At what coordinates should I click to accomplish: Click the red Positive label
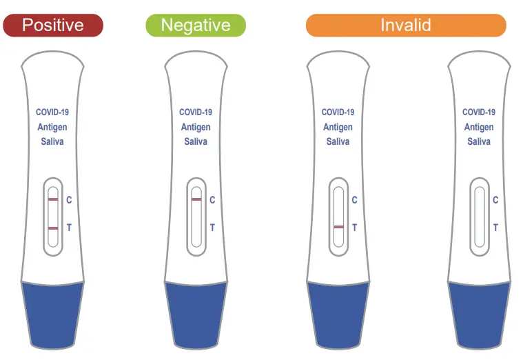click(x=53, y=26)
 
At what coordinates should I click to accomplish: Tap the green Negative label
click(x=196, y=26)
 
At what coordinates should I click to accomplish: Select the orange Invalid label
click(x=406, y=26)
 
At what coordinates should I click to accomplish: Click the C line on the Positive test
click(x=53, y=199)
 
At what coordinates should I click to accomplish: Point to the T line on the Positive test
click(x=53, y=227)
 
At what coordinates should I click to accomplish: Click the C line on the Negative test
click(x=196, y=199)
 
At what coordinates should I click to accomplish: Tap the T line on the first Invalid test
click(x=338, y=227)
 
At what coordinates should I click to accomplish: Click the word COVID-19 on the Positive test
click(x=52, y=112)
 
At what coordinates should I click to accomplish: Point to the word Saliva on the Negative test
click(x=196, y=142)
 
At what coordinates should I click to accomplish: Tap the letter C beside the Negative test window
click(x=212, y=200)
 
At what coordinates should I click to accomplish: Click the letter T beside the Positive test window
click(x=69, y=227)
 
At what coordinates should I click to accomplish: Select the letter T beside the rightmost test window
click(x=495, y=227)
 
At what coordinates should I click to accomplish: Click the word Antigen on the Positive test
click(x=52, y=128)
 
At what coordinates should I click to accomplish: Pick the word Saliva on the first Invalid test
click(x=338, y=142)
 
